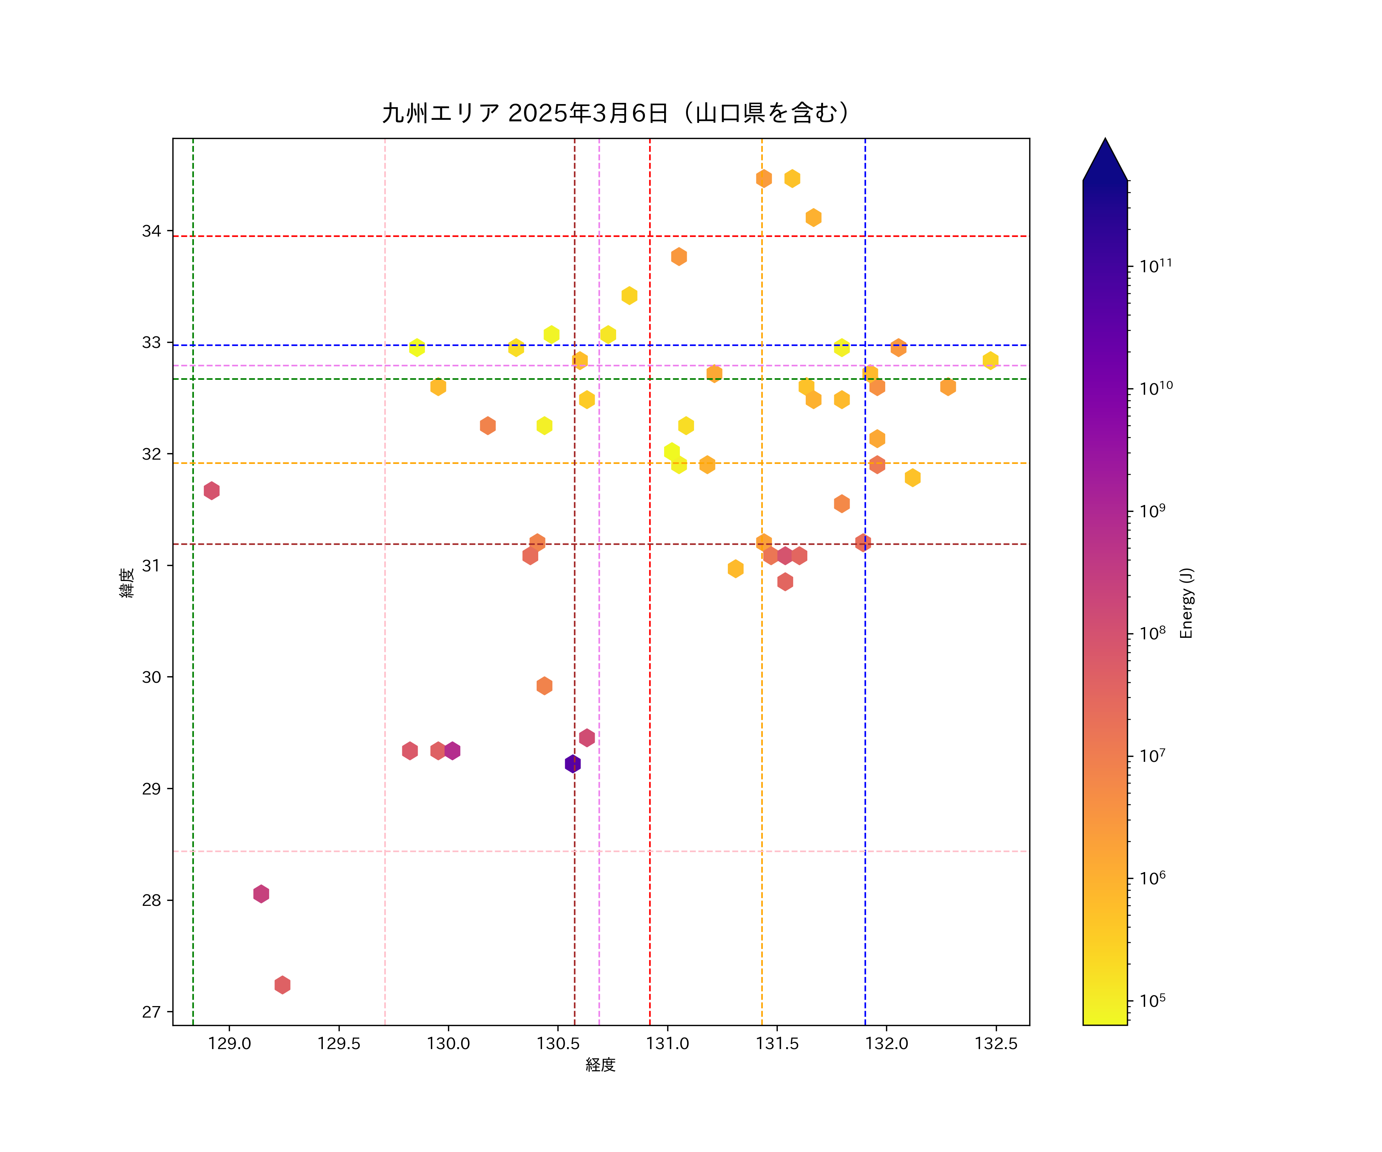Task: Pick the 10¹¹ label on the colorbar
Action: click(1156, 266)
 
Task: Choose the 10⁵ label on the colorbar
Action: click(1152, 1001)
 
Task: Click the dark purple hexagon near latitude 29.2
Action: click(572, 764)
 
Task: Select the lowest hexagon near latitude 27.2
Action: click(282, 985)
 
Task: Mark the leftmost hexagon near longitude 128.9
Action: click(211, 490)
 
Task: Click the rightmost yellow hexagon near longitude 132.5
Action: click(990, 360)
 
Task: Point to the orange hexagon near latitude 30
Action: click(544, 685)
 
